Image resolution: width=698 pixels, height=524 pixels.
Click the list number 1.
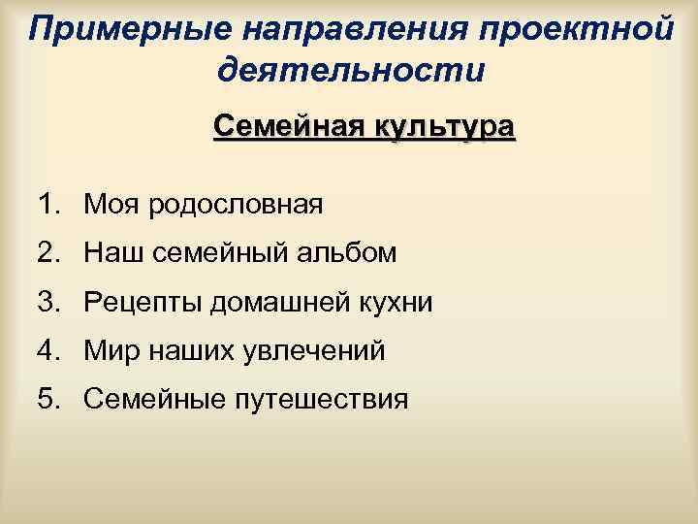[x=48, y=205]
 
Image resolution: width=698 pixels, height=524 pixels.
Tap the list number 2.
[x=48, y=253]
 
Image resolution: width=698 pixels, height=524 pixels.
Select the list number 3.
[x=48, y=302]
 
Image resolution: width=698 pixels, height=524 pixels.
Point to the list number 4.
[x=48, y=350]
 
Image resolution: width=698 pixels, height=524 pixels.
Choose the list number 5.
[x=48, y=398]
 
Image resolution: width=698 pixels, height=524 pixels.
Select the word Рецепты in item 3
[x=137, y=303]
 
